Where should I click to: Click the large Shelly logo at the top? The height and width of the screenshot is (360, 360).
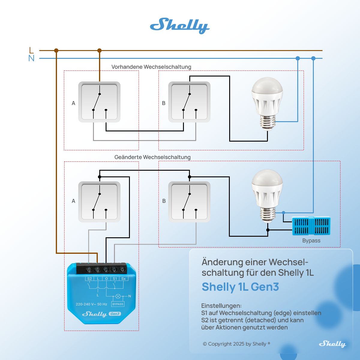coord(180,26)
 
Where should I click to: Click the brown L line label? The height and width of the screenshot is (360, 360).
coord(31,50)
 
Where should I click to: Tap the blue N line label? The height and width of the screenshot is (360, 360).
coord(31,58)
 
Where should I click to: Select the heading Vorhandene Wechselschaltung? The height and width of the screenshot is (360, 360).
coord(151,67)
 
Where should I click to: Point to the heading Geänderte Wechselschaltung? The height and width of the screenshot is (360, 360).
coord(152,157)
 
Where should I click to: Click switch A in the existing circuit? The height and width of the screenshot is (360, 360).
coord(99,102)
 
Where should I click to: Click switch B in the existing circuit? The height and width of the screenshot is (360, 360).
coord(189,102)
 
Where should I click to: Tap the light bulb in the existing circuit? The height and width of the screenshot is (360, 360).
coord(267,104)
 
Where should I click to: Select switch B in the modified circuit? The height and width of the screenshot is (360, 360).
coord(189,202)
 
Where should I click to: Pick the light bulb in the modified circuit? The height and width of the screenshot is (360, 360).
coord(267,196)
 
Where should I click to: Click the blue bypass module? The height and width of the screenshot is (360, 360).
coord(311,226)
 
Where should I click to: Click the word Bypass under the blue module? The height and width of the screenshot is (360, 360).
coord(311,241)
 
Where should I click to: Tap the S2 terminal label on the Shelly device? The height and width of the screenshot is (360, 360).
coord(89,278)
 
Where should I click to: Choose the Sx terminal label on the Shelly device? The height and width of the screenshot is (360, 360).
coord(124,278)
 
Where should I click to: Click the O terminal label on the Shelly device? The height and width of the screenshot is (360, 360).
coord(106,278)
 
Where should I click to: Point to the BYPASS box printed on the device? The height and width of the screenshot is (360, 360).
coord(118,304)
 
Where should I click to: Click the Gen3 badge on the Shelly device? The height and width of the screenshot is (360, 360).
coord(115,314)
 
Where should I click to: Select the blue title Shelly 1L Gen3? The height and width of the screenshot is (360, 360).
coord(240,287)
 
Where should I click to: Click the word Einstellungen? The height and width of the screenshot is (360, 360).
coord(221,306)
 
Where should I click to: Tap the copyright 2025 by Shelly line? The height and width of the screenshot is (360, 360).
coord(236,344)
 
